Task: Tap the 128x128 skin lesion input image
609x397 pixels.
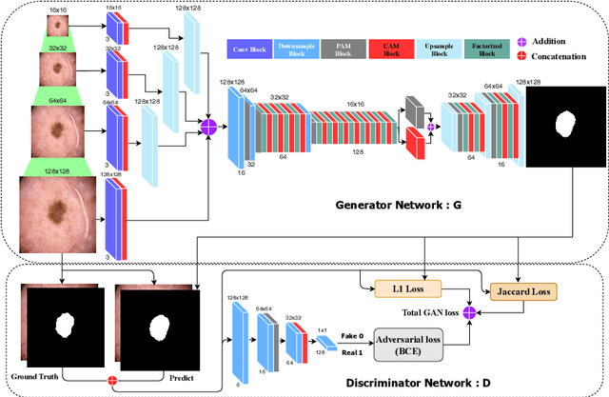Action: tap(59, 217)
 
